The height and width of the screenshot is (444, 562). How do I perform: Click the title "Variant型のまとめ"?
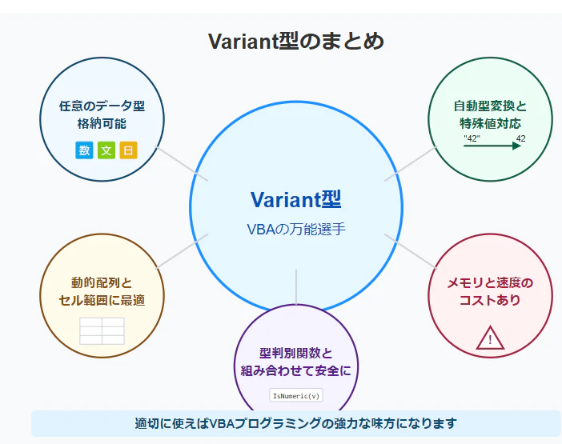(296, 41)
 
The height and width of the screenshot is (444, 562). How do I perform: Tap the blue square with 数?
(84, 150)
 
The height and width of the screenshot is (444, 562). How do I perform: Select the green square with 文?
(106, 150)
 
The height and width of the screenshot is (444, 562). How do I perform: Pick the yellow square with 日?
(128, 150)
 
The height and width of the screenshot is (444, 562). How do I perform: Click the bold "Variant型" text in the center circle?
(295, 199)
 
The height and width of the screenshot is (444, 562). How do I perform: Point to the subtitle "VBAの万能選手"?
(296, 229)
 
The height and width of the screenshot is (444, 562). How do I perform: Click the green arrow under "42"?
(492, 146)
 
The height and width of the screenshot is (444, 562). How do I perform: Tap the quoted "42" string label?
(472, 138)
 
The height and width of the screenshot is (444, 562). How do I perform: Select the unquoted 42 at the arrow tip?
(521, 138)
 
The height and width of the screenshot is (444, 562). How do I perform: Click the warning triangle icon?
(490, 338)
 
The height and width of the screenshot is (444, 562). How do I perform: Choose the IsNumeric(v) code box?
(296, 395)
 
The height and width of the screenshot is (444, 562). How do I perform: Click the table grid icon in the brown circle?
(102, 331)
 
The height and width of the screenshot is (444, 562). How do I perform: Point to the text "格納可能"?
(102, 123)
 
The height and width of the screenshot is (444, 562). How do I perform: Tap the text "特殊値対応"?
(490, 123)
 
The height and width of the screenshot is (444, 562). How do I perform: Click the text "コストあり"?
(490, 300)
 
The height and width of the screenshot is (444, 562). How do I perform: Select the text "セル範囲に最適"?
(102, 300)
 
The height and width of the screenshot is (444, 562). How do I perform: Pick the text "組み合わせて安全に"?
(296, 370)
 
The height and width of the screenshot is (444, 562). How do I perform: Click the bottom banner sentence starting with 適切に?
(296, 423)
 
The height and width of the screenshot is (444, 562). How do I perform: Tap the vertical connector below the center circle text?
(296, 287)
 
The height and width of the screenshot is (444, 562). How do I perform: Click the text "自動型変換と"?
(490, 106)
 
